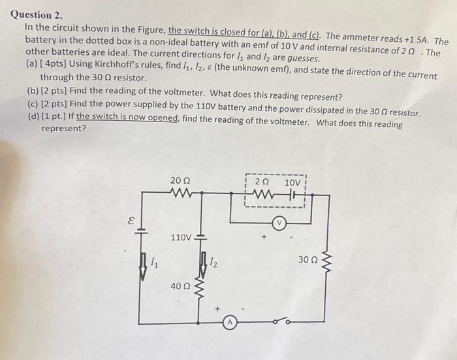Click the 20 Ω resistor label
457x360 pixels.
tap(181, 180)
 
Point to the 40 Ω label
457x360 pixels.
tap(180, 286)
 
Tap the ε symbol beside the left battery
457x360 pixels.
tap(130, 221)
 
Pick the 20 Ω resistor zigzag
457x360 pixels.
tap(180, 193)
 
